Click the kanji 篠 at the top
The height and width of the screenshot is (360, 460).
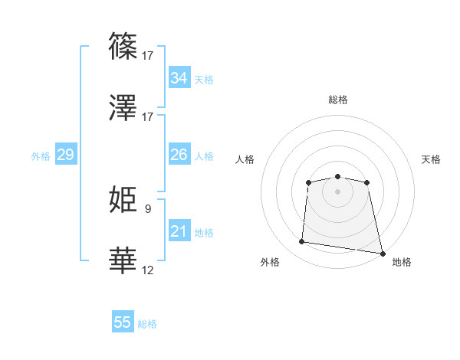coord(123,45)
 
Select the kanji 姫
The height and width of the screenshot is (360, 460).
coord(123,198)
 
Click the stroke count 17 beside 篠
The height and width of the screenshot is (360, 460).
coord(149,55)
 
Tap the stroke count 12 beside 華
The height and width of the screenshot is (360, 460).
coord(148,270)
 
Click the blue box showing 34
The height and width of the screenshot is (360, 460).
coord(179,78)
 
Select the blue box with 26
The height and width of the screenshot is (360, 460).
coord(179,155)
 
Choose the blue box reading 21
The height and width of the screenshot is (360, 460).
coord(179,231)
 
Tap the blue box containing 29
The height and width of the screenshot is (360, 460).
coord(65,155)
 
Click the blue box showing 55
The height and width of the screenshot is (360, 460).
coord(123,322)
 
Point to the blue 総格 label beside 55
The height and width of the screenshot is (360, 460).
coord(147,324)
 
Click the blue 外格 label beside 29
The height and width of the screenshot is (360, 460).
coord(41,156)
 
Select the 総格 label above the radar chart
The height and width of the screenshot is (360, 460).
coord(338,100)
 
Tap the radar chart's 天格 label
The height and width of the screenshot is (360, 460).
coord(431,159)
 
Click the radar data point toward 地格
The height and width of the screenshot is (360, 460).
coord(382,253)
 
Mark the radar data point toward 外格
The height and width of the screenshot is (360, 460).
coord(302,242)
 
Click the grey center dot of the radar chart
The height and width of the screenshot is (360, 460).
coord(338,191)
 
